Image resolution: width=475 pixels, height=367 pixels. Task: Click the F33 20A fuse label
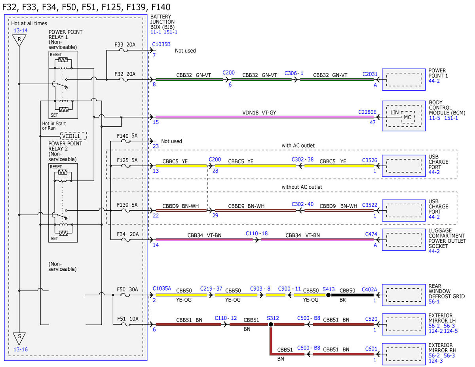click(x=125, y=45)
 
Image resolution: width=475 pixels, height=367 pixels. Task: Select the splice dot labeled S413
click(x=328, y=295)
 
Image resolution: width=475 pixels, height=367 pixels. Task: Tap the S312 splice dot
click(x=271, y=324)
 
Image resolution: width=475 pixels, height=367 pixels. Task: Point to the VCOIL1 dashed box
click(x=74, y=136)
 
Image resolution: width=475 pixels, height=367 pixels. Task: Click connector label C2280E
click(x=367, y=112)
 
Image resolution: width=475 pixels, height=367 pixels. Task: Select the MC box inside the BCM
click(x=408, y=117)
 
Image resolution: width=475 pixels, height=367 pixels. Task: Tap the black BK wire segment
click(x=352, y=295)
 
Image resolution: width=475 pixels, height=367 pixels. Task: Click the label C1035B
click(x=161, y=44)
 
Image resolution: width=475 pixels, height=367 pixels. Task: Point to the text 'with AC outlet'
click(x=298, y=146)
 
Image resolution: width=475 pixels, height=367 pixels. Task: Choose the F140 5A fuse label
click(x=127, y=136)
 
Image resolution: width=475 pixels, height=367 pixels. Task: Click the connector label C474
click(x=371, y=234)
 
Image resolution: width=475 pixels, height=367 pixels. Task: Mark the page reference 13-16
click(x=21, y=349)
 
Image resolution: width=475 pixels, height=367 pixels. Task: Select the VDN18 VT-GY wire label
click(x=259, y=112)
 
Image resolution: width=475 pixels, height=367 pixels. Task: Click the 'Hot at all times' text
click(x=29, y=23)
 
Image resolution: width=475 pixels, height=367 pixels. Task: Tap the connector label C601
click(x=371, y=349)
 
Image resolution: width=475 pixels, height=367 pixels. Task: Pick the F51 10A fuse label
click(x=128, y=319)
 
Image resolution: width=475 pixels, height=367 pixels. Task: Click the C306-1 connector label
click(x=294, y=73)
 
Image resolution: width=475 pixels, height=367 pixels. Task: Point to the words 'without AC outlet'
click(x=302, y=187)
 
